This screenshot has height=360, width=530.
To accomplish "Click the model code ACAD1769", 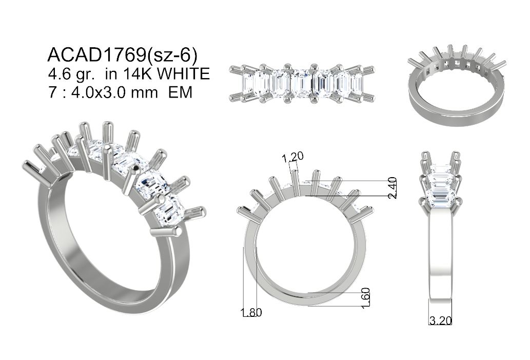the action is click(x=96, y=55).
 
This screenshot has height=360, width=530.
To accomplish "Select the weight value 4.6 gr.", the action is click(x=71, y=74).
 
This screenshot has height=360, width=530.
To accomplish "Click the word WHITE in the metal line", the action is click(x=184, y=74).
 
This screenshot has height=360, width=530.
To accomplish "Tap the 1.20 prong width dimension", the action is click(x=293, y=156).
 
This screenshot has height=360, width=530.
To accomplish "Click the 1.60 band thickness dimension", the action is click(x=366, y=298).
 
